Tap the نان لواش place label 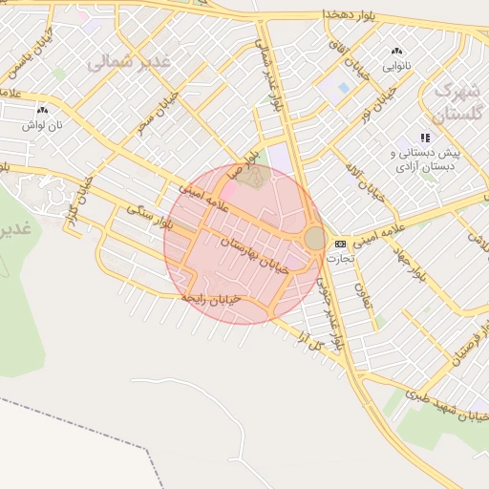click(x=43, y=125)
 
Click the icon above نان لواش click(x=42, y=111)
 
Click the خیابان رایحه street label click(x=223, y=299)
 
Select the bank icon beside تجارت click(x=340, y=244)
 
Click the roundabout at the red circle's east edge click(x=314, y=238)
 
